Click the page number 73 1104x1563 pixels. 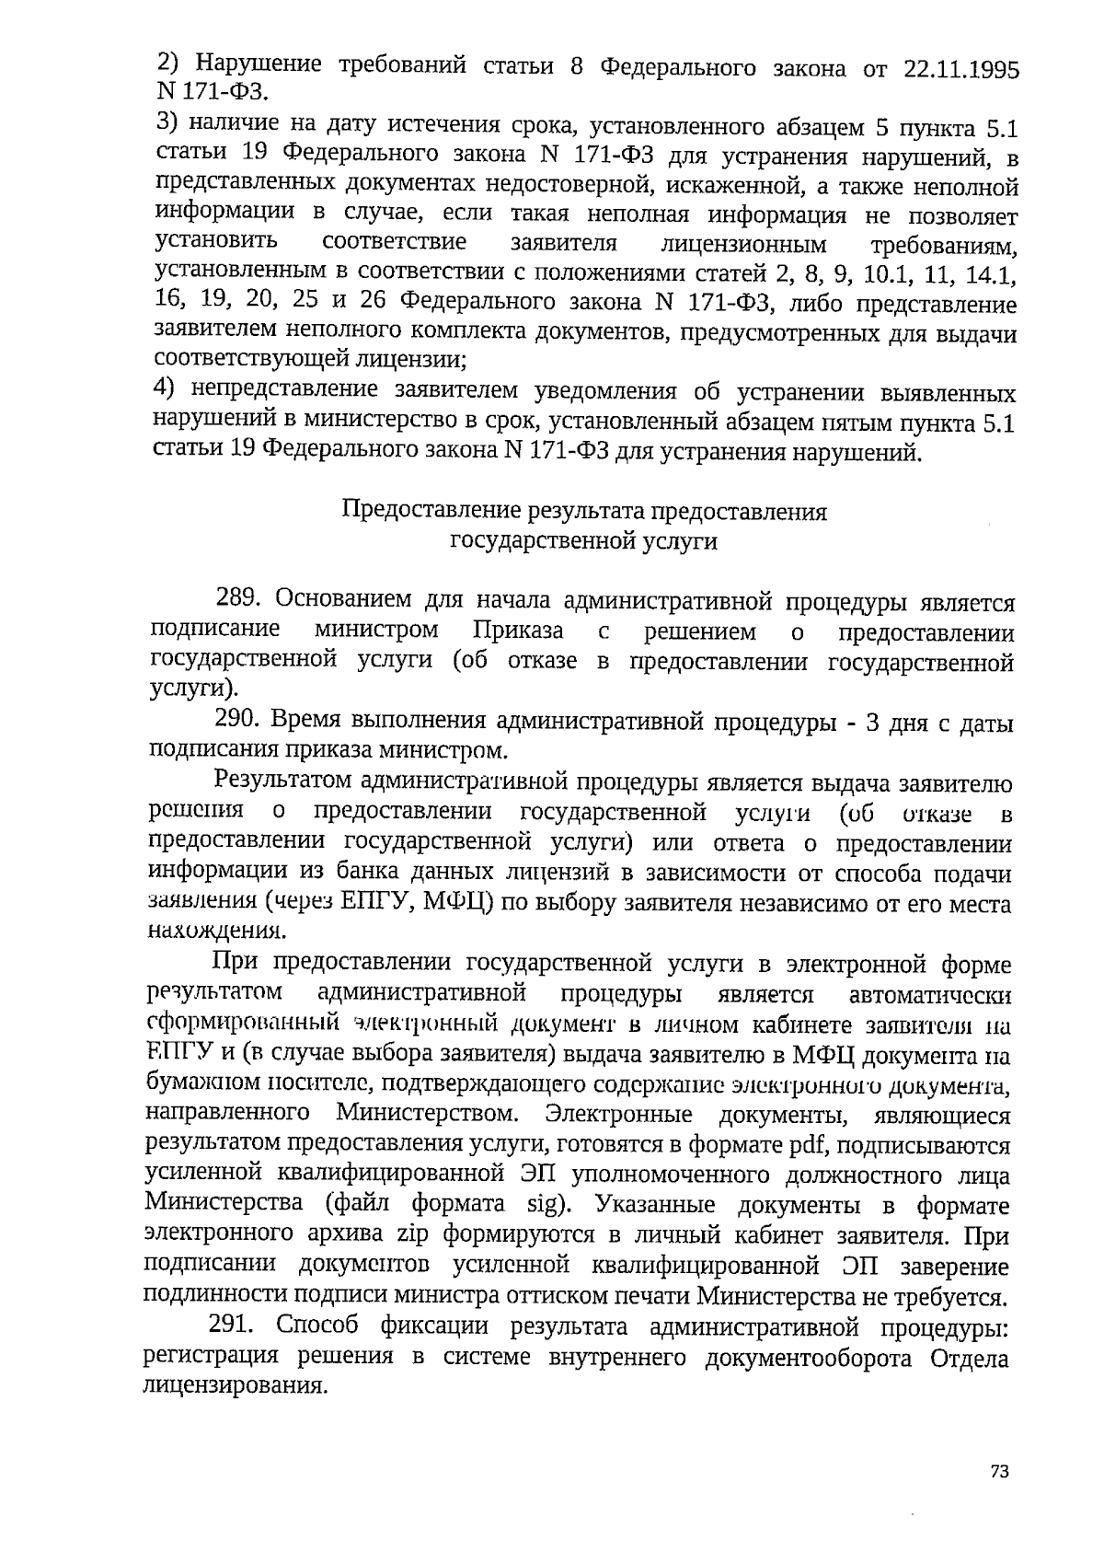[x=1000, y=1472]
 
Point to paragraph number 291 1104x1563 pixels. [x=232, y=1326]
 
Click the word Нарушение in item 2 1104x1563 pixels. [x=259, y=65]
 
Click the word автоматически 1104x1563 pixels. [x=930, y=996]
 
